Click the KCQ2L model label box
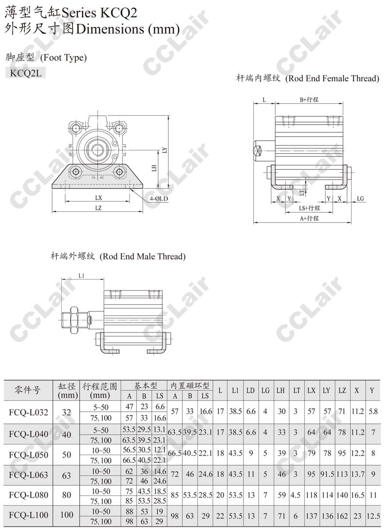[x=26, y=73]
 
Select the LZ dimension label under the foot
[x=98, y=208]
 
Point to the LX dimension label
[x=98, y=198]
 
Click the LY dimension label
[x=165, y=149]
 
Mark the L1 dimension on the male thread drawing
[x=81, y=276]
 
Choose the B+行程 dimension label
[x=309, y=99]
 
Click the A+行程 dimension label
[x=309, y=218]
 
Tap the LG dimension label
[x=360, y=199]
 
